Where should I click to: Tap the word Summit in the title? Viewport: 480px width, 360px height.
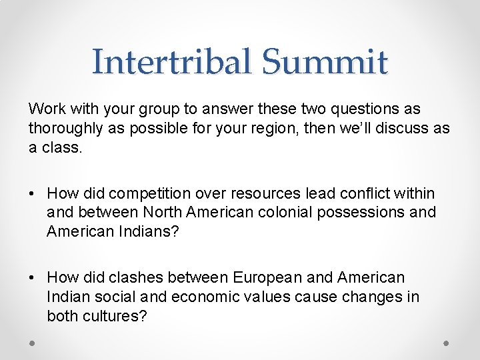pyautogui.click(x=324, y=62)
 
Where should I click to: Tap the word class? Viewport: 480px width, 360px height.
pyautogui.click(x=61, y=147)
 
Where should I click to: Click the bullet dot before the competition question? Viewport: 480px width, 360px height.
pyautogui.click(x=32, y=194)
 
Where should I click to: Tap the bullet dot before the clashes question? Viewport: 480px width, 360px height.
pyautogui.click(x=32, y=277)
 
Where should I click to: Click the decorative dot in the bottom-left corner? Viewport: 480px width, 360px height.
pyautogui.click(x=32, y=343)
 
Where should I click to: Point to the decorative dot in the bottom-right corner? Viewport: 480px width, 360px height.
pyautogui.click(x=447, y=343)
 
